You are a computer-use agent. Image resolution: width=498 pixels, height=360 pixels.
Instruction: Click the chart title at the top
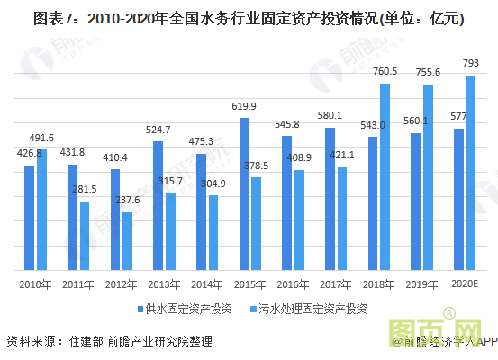249,19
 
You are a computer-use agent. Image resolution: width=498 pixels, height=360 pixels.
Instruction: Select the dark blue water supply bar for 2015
244,193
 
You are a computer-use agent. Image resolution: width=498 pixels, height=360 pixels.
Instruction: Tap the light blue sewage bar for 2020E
470,172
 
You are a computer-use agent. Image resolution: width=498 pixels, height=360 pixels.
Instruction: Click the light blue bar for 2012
128,240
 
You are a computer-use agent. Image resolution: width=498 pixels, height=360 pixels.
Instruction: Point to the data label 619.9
243,106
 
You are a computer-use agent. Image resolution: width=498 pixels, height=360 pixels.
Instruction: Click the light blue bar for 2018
385,176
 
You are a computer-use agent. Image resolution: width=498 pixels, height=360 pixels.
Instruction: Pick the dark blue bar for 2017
330,198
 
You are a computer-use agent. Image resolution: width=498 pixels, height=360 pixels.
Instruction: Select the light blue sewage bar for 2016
298,220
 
